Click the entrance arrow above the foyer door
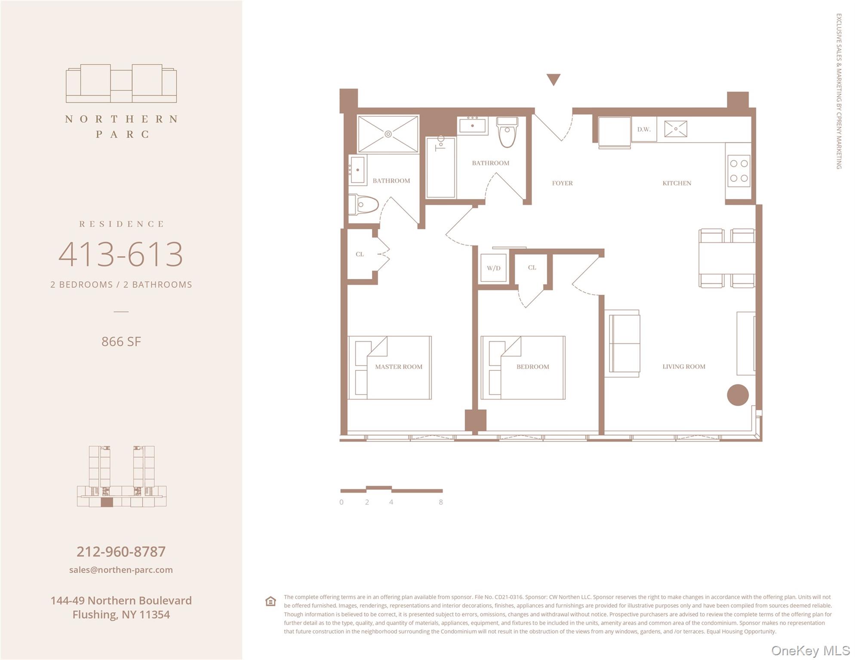click(x=553, y=79)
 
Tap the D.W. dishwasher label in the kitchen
click(x=643, y=129)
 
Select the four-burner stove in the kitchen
click(x=738, y=171)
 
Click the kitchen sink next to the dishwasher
click(x=675, y=129)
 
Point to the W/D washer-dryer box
click(x=493, y=268)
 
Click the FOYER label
click(x=562, y=183)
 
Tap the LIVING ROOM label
click(x=683, y=367)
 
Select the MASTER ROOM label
click(x=398, y=367)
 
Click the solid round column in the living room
click(x=738, y=395)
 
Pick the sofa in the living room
click(x=624, y=344)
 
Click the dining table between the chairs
click(x=726, y=258)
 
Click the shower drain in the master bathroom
click(x=388, y=134)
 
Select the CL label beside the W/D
click(x=532, y=267)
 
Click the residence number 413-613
click(x=121, y=254)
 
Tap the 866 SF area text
click(x=121, y=342)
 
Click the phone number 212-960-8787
click(x=121, y=551)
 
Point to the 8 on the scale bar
click(x=440, y=502)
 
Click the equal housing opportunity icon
click(x=271, y=601)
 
